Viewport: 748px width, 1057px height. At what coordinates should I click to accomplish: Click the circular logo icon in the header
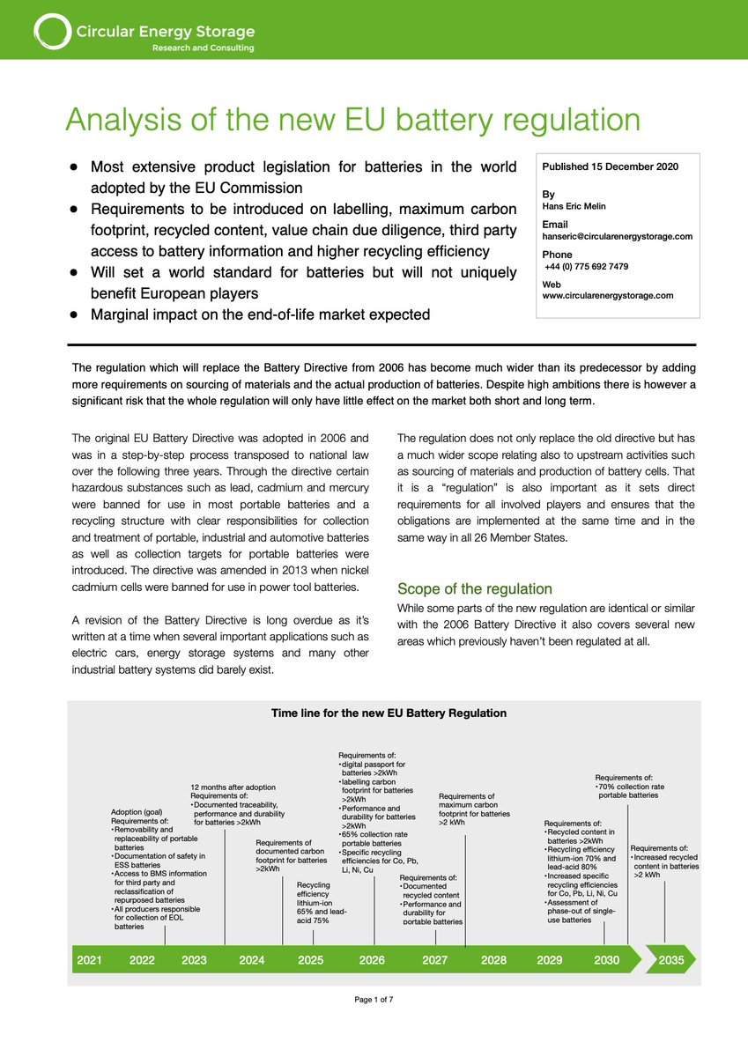(x=52, y=32)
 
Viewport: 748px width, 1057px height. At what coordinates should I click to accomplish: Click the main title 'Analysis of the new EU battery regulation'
(x=352, y=120)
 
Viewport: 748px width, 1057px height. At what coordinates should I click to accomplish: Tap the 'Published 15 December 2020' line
(x=610, y=166)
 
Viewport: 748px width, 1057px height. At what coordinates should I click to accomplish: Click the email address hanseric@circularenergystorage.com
(x=617, y=236)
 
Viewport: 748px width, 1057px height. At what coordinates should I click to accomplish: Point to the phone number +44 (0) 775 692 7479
(x=586, y=266)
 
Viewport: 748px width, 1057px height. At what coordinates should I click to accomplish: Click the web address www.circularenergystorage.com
(x=607, y=296)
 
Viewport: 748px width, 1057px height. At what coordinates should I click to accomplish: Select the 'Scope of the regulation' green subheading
(x=474, y=588)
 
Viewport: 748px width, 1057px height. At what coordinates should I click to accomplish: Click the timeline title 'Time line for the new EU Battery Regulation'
(x=389, y=713)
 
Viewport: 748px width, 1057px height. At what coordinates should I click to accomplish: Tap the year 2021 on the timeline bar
(x=89, y=959)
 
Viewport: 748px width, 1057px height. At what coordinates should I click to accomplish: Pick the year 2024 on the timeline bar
(x=251, y=959)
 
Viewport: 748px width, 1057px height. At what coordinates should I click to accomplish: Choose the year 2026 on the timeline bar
(x=372, y=959)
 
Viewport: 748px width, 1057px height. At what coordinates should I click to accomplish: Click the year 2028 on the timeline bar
(x=493, y=959)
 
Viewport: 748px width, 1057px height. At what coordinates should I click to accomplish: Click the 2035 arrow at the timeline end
(x=670, y=959)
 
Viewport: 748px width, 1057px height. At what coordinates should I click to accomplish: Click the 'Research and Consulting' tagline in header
(x=203, y=48)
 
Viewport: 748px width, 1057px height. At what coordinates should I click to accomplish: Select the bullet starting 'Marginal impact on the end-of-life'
(x=260, y=314)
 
